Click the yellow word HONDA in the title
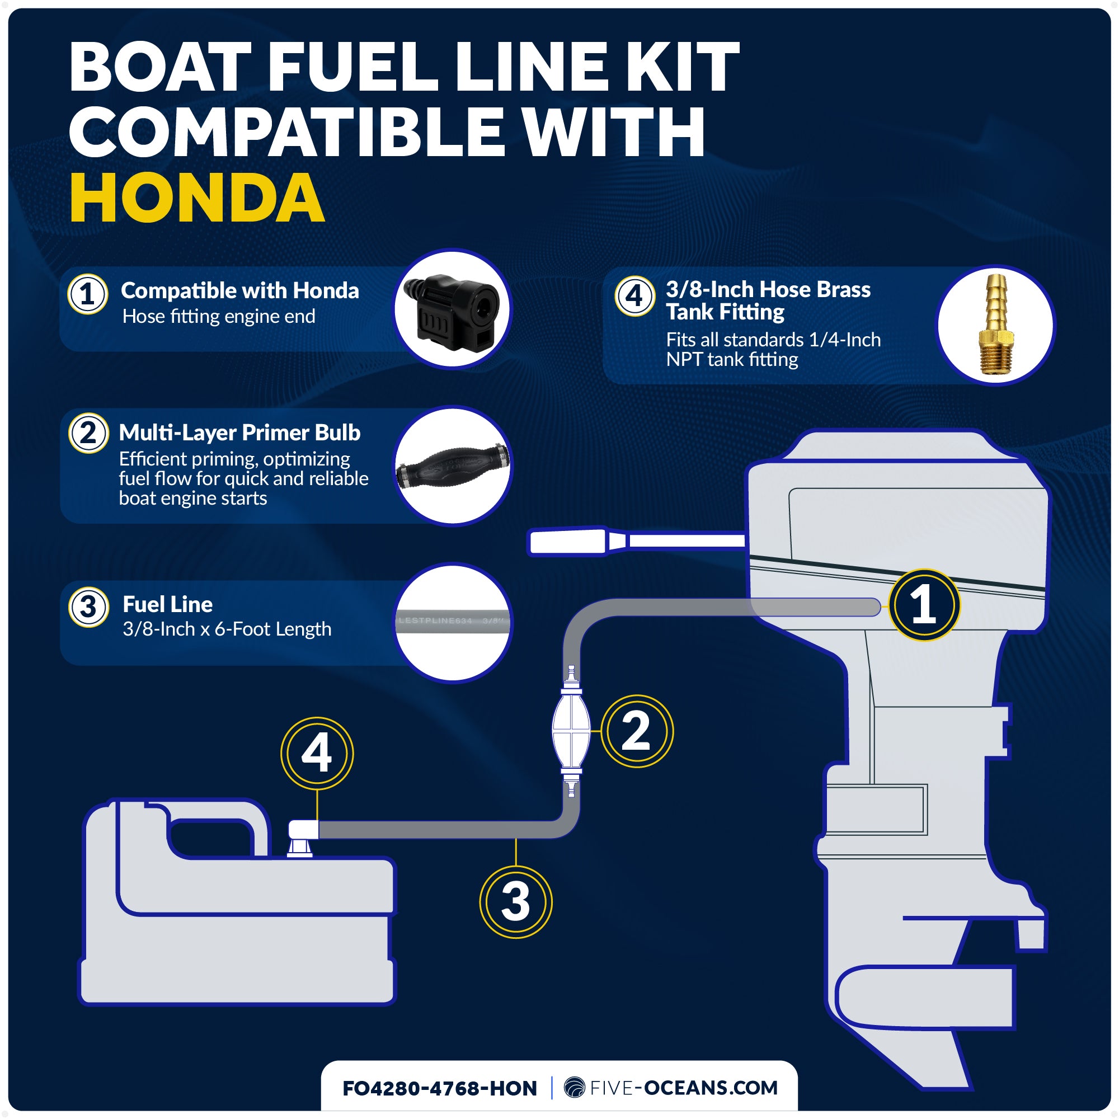point(197,199)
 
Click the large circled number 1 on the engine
point(924,605)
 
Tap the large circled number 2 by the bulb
point(637,731)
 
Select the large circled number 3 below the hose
point(515,902)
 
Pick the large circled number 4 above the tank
point(317,753)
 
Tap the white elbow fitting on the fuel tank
point(302,832)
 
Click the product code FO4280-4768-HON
point(440,1088)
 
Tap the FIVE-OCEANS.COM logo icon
point(574,1087)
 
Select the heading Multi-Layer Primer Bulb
point(239,432)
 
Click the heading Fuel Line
point(167,604)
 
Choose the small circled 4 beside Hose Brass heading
point(634,296)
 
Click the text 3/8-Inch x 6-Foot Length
point(227,629)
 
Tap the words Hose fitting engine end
point(218,317)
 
